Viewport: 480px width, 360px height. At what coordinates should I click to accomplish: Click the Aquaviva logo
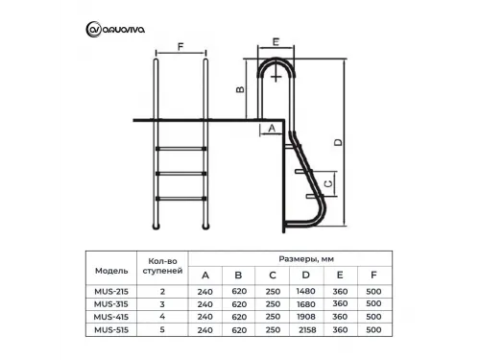tap(115, 30)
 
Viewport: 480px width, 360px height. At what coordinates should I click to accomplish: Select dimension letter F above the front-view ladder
tap(180, 47)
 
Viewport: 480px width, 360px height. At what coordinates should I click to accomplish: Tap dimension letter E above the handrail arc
tap(276, 42)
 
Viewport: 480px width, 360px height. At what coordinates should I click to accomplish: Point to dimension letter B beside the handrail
tap(240, 89)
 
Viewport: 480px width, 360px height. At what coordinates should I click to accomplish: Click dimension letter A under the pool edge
tap(272, 128)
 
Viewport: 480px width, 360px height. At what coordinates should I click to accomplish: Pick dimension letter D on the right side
tap(338, 142)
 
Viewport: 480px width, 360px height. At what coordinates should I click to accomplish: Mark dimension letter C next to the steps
tap(328, 183)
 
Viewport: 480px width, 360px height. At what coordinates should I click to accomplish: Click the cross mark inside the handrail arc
tap(276, 77)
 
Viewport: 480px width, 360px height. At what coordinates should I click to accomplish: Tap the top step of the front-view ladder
tap(180, 149)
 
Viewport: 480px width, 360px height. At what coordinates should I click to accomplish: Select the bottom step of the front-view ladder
tap(180, 199)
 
